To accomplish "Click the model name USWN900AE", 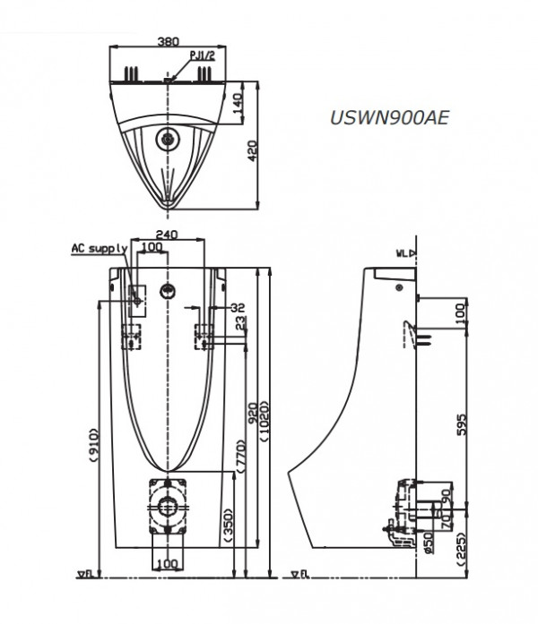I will [x=388, y=115].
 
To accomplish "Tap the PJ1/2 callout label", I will [x=202, y=56].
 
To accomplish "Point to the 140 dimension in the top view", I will [x=238, y=102].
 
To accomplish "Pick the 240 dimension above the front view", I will [x=167, y=235].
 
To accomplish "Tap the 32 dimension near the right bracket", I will [x=237, y=306].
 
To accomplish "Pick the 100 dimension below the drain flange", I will [x=167, y=563].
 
